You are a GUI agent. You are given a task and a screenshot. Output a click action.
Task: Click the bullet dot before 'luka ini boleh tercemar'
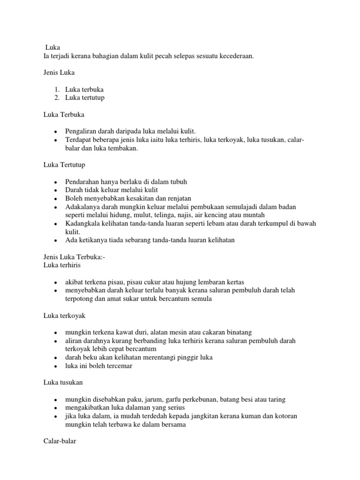tap(55, 366)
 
